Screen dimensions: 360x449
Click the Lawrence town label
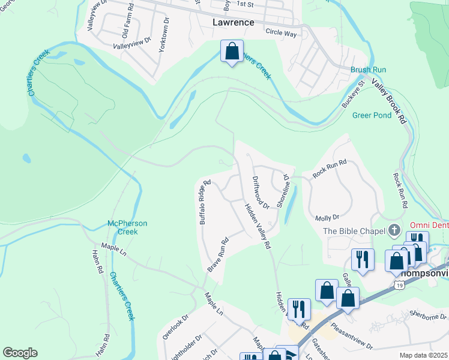(x=234, y=22)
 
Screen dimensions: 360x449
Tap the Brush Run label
(x=368, y=70)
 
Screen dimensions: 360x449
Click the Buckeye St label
(x=354, y=95)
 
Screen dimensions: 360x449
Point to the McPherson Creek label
(x=127, y=227)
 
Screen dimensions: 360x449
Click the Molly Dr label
(x=327, y=217)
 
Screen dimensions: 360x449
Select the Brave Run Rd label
(x=218, y=256)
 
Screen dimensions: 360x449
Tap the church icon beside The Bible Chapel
(x=394, y=230)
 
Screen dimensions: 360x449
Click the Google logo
(x=20, y=353)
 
